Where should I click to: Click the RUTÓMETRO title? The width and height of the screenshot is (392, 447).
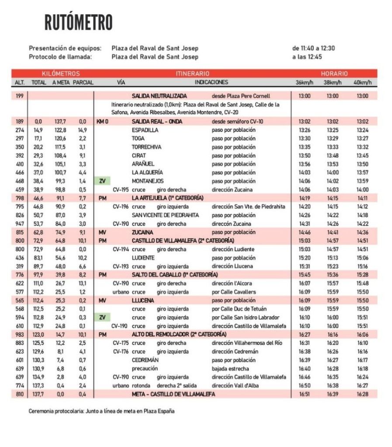coord(78,23)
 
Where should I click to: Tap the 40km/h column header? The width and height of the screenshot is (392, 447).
coord(362,82)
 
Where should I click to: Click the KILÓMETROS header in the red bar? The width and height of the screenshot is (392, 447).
coord(61,74)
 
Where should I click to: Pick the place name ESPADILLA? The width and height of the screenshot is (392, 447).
coord(145,130)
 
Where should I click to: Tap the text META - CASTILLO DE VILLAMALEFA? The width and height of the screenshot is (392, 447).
coord(173,394)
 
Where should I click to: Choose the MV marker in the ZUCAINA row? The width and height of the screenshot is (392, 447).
coord(102,232)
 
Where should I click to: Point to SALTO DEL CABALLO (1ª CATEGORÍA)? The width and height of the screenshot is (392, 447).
coord(175,275)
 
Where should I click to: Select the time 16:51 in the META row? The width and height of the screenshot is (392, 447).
coord(305,394)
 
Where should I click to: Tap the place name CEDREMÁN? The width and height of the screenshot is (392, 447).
coord(145,360)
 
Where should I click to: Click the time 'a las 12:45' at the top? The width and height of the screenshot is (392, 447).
coord(307,57)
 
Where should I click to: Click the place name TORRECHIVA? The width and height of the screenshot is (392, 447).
coord(147,147)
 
